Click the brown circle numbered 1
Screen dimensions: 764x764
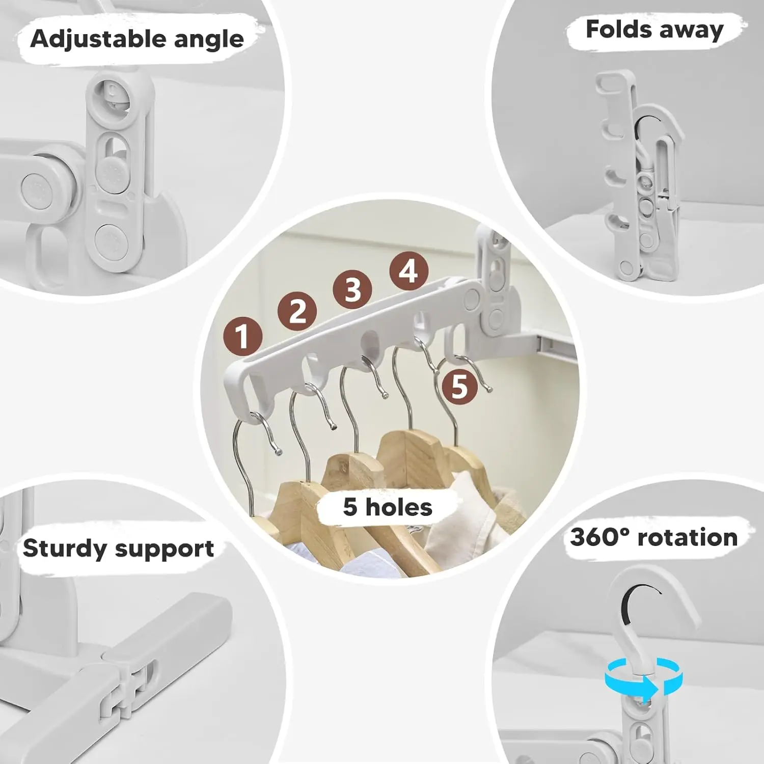pos(243,336)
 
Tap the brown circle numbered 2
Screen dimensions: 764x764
pos(297,311)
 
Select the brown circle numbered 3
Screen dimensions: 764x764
pos(352,289)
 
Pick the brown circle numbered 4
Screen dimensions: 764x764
pos(408,271)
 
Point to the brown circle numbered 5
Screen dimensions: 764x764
pos(459,386)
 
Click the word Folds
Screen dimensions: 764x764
pos(619,29)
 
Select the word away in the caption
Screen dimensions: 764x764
pos(691,31)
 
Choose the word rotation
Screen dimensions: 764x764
pos(688,538)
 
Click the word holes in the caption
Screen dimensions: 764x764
pos(399,507)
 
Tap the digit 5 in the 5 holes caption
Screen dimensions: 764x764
pos(350,507)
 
